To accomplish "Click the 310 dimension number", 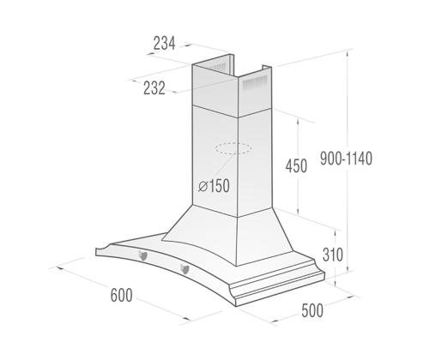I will [333, 255].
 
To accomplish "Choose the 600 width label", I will [123, 296].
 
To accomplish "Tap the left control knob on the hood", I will [143, 255].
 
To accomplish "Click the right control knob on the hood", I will [184, 271].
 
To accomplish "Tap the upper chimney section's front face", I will [218, 94].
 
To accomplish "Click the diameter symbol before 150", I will [202, 186].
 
